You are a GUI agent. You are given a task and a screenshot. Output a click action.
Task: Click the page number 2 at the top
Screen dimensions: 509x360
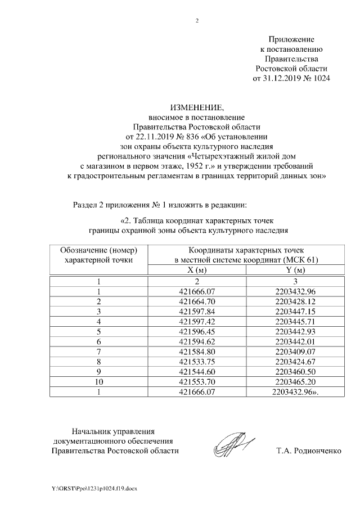click(x=197, y=21)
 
